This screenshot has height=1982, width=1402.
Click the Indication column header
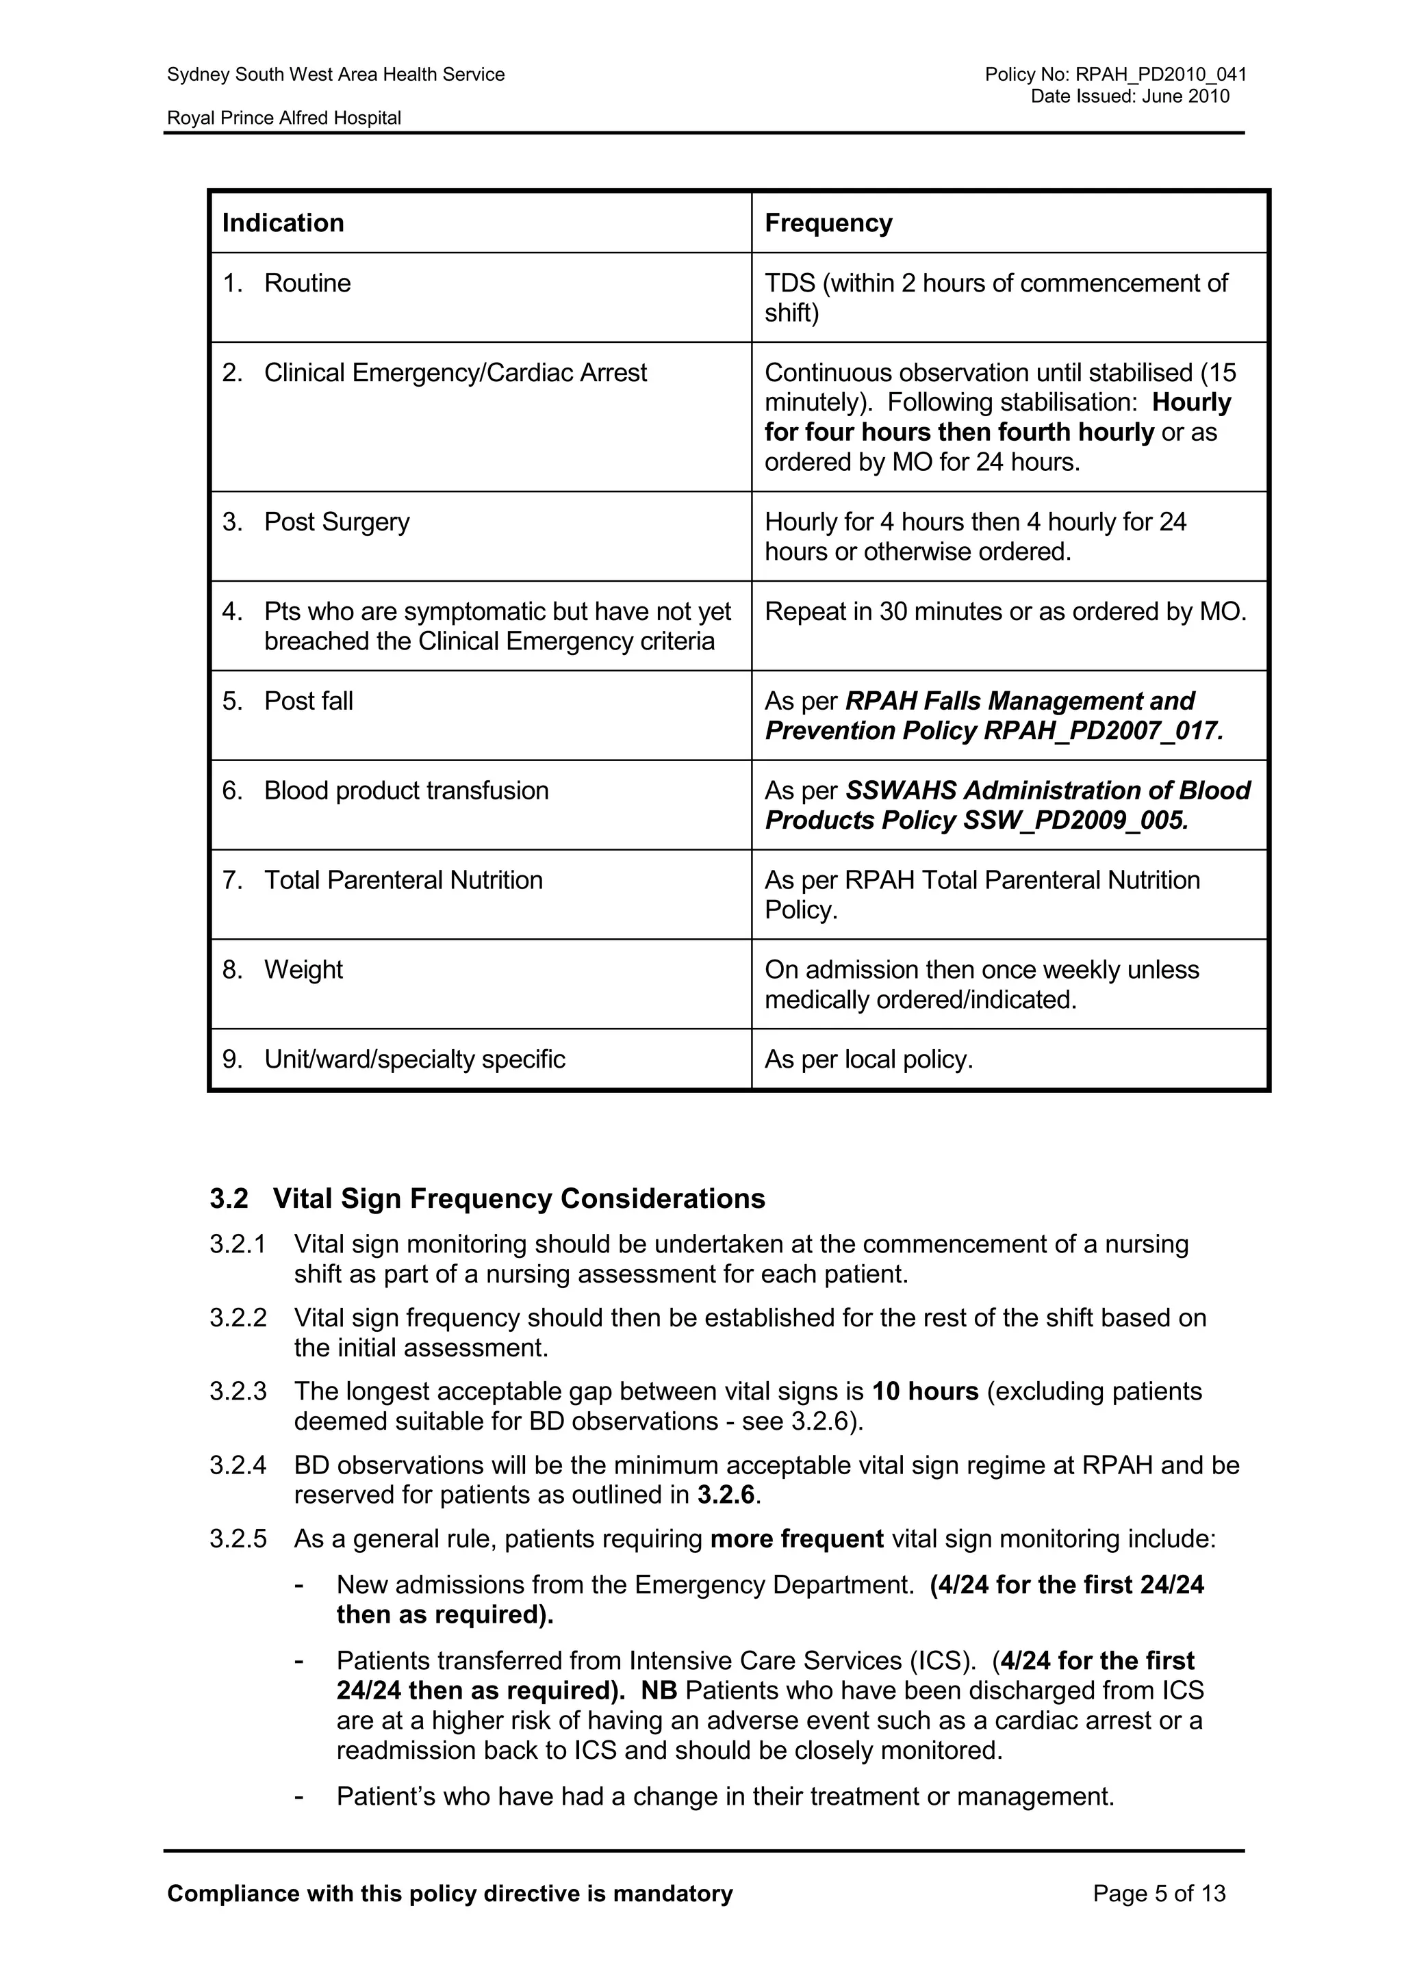pyautogui.click(x=283, y=222)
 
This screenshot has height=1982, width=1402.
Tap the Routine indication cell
pyautogui.click(x=307, y=283)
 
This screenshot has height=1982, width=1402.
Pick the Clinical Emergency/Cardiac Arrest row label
pyautogui.click(x=455, y=373)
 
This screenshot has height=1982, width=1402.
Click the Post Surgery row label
pyautogui.click(x=337, y=522)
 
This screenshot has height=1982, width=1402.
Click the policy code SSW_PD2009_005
pyautogui.click(x=1075, y=820)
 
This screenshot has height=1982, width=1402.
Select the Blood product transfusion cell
pyautogui.click(x=406, y=790)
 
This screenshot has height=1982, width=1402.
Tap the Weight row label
pyautogui.click(x=303, y=970)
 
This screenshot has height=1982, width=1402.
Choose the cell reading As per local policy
pyautogui.click(x=869, y=1060)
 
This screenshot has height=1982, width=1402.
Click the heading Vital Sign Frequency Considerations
pyautogui.click(x=518, y=1199)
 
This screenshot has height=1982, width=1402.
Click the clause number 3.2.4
pyautogui.click(x=238, y=1466)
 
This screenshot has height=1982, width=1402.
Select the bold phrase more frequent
pyautogui.click(x=796, y=1539)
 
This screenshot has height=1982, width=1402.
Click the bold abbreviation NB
pyautogui.click(x=659, y=1690)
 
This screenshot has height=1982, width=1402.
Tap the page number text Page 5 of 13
pyautogui.click(x=1158, y=1894)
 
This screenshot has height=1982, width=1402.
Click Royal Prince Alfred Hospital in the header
pyautogui.click(x=284, y=118)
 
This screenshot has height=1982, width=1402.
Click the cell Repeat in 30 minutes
pyautogui.click(x=1005, y=612)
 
